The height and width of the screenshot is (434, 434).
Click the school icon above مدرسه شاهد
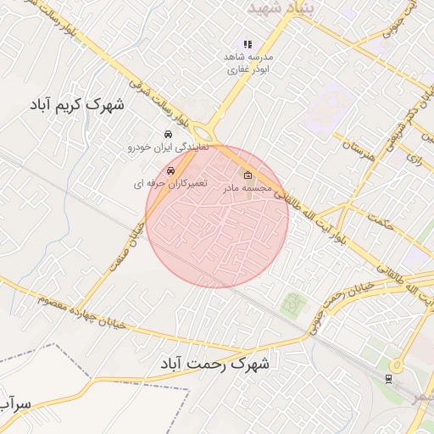[x=248, y=44]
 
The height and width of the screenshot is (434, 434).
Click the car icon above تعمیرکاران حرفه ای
[x=171, y=170]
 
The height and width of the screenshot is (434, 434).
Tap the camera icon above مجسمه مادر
[x=247, y=176]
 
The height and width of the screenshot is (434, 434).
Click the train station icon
[x=389, y=377]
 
